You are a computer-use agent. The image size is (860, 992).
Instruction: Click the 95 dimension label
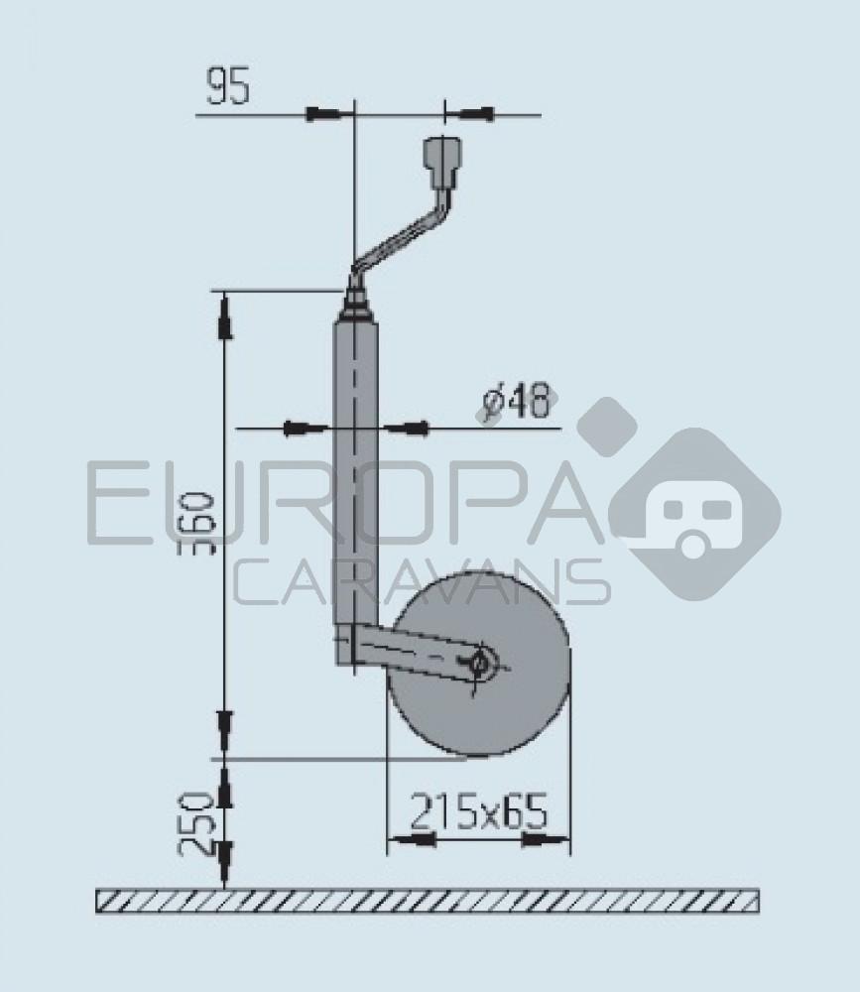tap(227, 87)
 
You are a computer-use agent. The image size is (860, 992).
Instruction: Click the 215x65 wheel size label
tap(478, 812)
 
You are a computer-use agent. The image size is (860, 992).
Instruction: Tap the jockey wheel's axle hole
tap(481, 663)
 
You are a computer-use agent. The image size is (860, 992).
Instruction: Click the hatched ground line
tap(427, 901)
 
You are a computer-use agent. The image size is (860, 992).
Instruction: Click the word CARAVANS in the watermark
tap(422, 582)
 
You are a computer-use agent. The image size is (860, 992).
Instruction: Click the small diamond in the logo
tap(606, 427)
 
